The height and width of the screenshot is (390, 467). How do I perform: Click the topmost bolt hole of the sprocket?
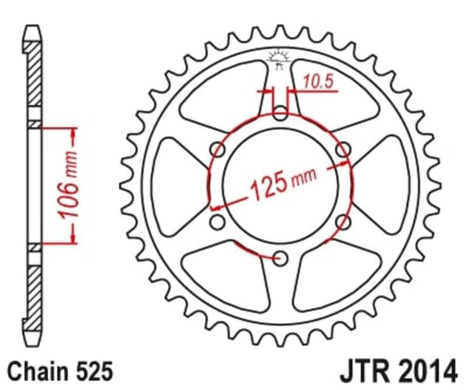tap(279, 113)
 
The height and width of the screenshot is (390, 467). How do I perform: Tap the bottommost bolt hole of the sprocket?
tap(279, 257)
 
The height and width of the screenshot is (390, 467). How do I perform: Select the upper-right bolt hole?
tap(342, 150)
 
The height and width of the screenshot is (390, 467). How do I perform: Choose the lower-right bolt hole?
tap(342, 222)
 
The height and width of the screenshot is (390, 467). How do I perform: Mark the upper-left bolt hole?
tap(217, 150)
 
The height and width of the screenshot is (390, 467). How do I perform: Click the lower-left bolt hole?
tap(217, 222)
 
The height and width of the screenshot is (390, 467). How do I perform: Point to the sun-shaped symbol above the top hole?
tap(279, 57)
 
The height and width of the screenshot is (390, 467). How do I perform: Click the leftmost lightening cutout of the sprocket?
tap(172, 185)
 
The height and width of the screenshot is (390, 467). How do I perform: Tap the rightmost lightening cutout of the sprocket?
tap(387, 185)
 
